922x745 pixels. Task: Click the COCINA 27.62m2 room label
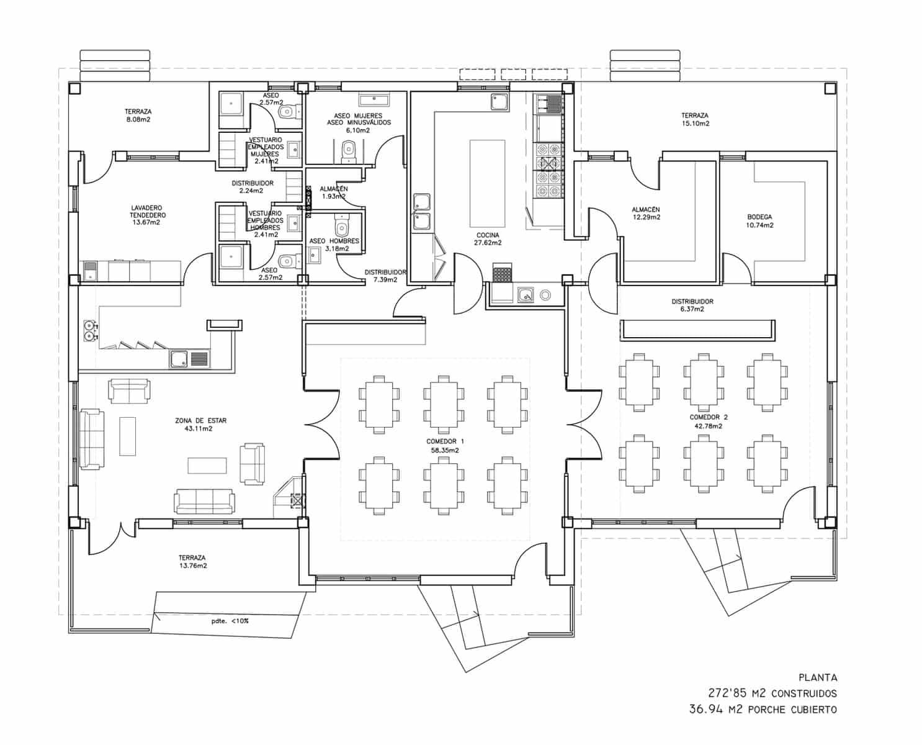click(487, 239)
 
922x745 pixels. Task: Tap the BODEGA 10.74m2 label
click(759, 221)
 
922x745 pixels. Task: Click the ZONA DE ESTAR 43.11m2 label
click(200, 425)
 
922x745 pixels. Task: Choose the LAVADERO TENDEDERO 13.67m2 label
click(146, 215)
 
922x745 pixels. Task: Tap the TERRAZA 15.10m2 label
click(694, 119)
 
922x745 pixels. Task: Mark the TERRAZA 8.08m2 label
click(137, 115)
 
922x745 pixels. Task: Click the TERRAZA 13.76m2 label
click(192, 562)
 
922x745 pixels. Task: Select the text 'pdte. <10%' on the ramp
click(230, 620)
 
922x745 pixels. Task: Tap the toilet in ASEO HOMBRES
click(341, 223)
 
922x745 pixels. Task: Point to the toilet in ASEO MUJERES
click(349, 148)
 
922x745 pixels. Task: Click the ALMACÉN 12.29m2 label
click(646, 214)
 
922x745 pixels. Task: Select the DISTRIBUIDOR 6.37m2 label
click(692, 305)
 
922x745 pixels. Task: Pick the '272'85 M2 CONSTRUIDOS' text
click(772, 693)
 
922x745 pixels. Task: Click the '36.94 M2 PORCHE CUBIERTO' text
click(763, 709)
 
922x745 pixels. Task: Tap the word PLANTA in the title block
click(817, 678)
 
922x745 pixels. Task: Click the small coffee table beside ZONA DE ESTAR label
click(127, 436)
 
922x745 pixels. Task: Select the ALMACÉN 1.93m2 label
click(333, 192)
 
